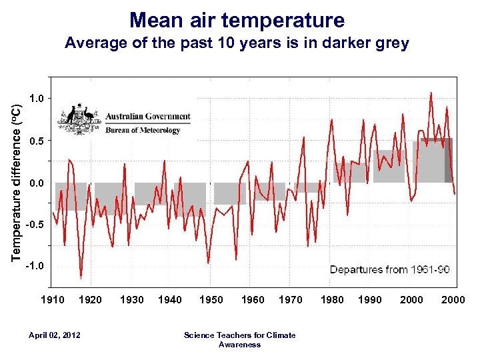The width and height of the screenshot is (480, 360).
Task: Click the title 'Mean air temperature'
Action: (x=237, y=19)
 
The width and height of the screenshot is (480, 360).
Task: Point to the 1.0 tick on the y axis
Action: (x=39, y=99)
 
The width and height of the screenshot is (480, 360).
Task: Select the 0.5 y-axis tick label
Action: (x=39, y=141)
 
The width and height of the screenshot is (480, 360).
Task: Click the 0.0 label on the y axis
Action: (x=39, y=183)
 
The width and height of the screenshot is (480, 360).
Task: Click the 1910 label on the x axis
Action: (x=53, y=300)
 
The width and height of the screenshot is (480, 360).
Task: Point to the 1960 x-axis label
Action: (x=253, y=300)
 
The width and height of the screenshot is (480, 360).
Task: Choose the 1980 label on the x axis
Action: (x=332, y=300)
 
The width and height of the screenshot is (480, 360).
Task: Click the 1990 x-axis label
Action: (x=370, y=300)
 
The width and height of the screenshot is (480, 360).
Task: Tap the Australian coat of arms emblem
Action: (x=80, y=117)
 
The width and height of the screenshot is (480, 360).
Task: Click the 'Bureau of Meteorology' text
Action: (x=143, y=130)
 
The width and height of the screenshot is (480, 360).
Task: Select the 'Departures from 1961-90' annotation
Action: (x=390, y=270)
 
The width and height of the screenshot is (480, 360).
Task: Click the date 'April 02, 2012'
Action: (x=55, y=335)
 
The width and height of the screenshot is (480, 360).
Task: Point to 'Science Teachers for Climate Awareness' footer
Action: (x=239, y=339)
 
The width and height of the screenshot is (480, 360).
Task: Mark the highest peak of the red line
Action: (x=431, y=93)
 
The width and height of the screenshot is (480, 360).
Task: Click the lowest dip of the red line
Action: (x=81, y=277)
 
